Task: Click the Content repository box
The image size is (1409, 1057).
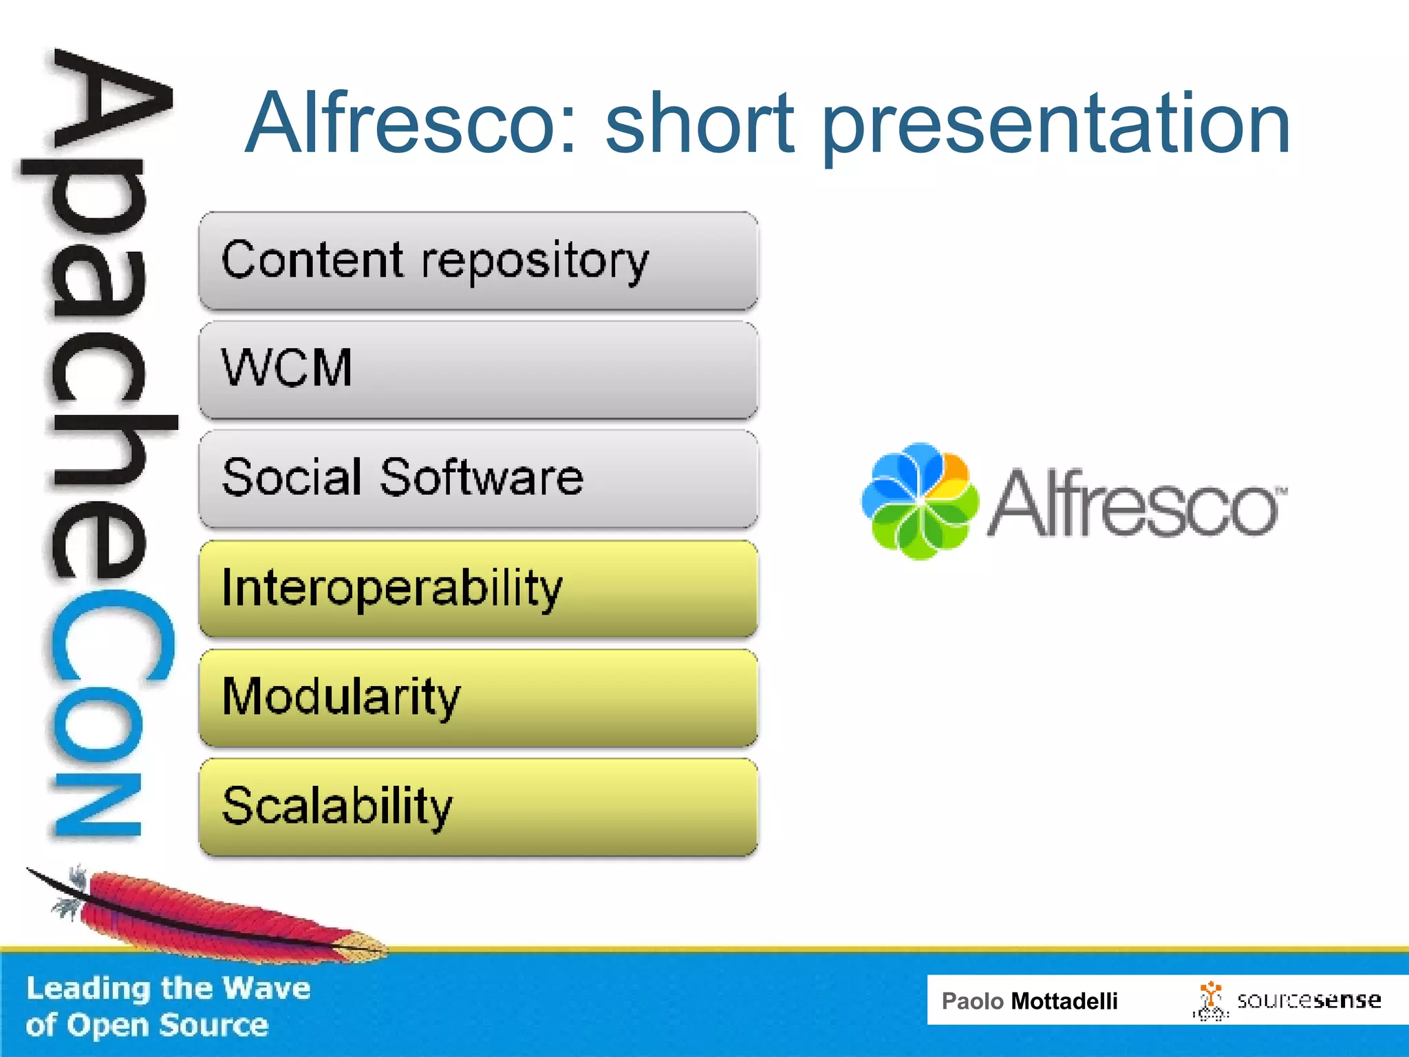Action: coord(478,261)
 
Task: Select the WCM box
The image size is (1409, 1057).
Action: coord(478,370)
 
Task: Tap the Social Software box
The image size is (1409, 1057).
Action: coord(478,478)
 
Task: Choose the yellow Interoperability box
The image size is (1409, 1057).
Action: coord(478,588)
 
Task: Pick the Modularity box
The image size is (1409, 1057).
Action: coord(478,697)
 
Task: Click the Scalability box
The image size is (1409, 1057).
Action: coord(478,807)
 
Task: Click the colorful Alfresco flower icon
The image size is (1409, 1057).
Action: coord(919,501)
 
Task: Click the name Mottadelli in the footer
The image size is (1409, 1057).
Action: coord(1064,1001)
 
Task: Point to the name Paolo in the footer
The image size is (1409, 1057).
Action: coord(972,1001)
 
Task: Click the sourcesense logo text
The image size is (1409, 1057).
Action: coord(1309,1000)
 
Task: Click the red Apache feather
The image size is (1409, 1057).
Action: coord(206,912)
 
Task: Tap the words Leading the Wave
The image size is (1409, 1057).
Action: coord(169,988)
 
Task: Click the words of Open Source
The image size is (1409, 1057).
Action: coord(147,1025)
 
